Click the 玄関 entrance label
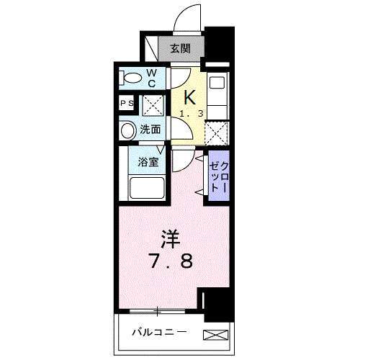180,49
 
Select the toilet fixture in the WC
132,76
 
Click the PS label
126,104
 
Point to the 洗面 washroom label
150,130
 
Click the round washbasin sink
127,130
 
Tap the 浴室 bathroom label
149,161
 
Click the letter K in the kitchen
190,97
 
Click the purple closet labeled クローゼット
218,176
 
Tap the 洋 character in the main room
170,237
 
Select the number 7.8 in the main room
171,261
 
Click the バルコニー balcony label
159,333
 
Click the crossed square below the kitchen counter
217,132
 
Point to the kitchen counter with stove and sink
218,94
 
